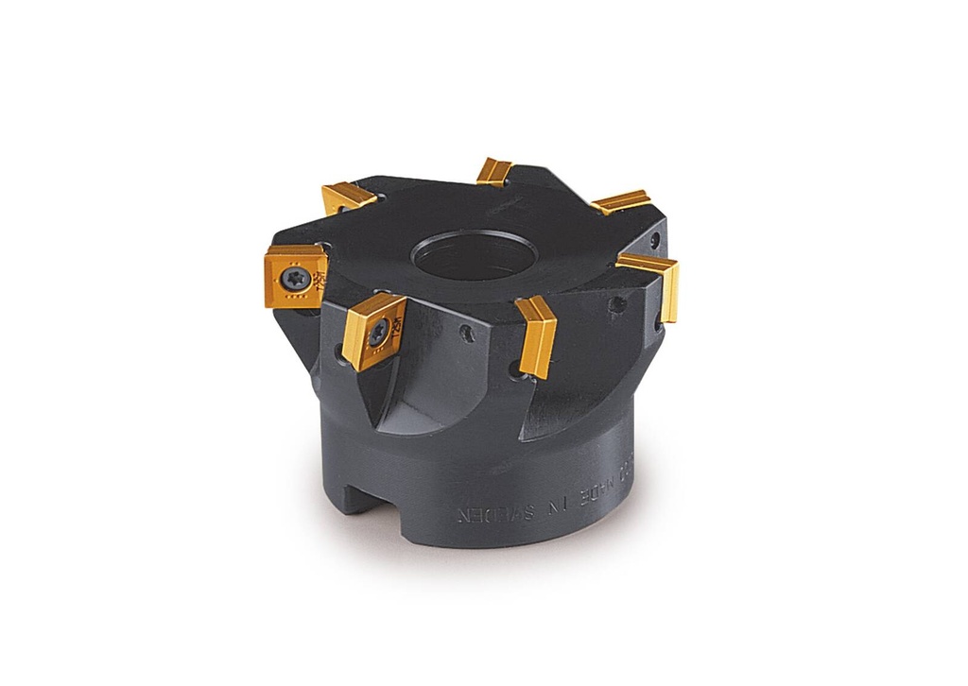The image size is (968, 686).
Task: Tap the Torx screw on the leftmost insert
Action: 290,277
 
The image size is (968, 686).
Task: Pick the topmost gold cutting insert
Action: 493,171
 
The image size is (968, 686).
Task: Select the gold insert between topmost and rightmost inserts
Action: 620,201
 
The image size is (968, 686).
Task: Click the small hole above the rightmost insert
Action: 655,238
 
